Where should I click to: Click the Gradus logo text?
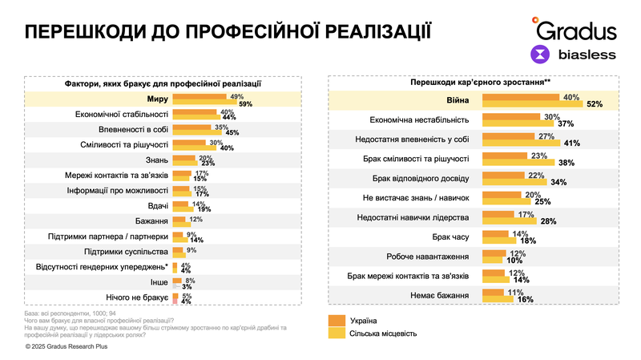576,30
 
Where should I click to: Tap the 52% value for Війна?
594,104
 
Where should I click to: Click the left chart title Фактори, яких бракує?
163,83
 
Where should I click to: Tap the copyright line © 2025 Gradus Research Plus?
66,346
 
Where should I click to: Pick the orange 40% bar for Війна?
522,98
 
